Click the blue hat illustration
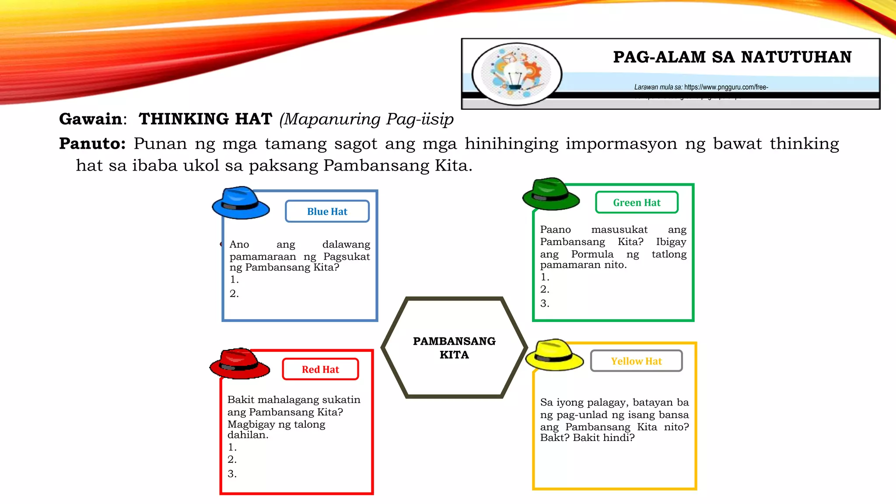pos(240,203)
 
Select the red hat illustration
pos(239,364)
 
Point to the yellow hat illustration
pos(554,355)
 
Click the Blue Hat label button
pos(327,212)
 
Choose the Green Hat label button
pos(637,203)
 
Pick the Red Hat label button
pos(320,370)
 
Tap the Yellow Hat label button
pos(636,361)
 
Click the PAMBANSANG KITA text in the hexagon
pos(454,348)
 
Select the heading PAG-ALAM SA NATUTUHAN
pos(732,57)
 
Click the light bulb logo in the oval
pos(516,74)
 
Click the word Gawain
pos(91,119)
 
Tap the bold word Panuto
pos(92,143)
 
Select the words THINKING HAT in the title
pos(205,119)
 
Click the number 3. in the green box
pos(545,303)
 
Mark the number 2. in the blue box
pos(234,294)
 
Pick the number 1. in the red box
pos(232,447)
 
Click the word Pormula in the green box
pos(592,254)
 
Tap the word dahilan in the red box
pos(247,435)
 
